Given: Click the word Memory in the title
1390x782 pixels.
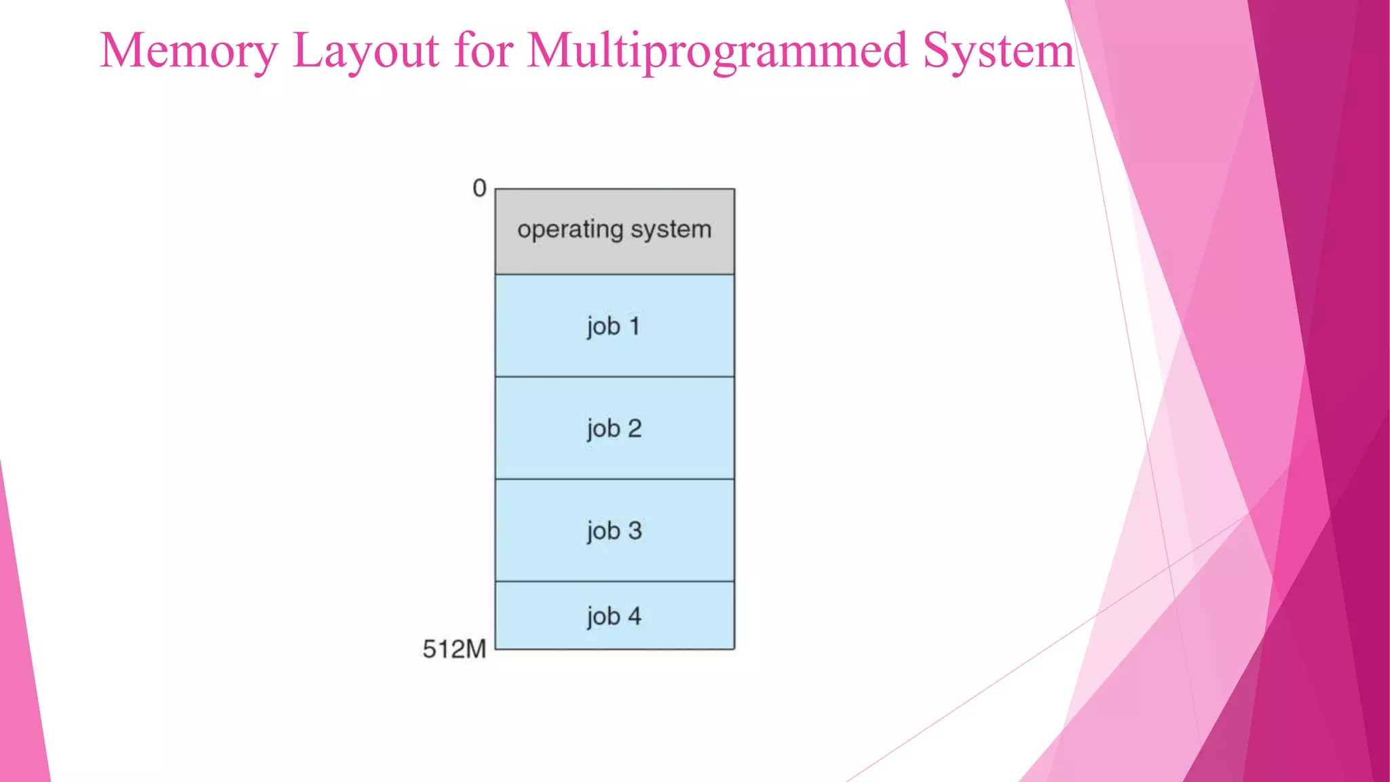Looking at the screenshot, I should [x=189, y=51].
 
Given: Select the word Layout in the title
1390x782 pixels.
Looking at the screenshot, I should [x=366, y=51].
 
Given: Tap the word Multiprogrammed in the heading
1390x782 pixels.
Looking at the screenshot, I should [x=717, y=51].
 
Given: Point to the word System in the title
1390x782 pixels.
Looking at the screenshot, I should [x=998, y=51].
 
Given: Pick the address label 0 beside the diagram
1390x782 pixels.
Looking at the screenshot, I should [x=479, y=188].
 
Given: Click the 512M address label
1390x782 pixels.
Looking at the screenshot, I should [x=454, y=649].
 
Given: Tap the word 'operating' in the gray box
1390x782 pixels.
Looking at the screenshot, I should [x=570, y=229].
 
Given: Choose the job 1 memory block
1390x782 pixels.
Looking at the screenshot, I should [x=614, y=350].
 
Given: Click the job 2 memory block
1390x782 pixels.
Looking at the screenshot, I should [x=614, y=451].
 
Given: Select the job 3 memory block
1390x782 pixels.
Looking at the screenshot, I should [x=614, y=553].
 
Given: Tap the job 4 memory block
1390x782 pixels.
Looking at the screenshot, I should [x=614, y=631].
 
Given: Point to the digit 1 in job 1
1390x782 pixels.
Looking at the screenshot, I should [x=635, y=327].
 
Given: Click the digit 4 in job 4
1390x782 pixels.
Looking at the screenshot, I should [x=635, y=616].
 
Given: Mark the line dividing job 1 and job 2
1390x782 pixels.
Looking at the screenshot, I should [x=614, y=377].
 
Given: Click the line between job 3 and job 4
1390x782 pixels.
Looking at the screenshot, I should [x=614, y=581].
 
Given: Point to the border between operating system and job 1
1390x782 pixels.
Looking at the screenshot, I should [x=614, y=274].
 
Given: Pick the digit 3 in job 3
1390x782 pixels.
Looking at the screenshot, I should [x=635, y=531].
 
